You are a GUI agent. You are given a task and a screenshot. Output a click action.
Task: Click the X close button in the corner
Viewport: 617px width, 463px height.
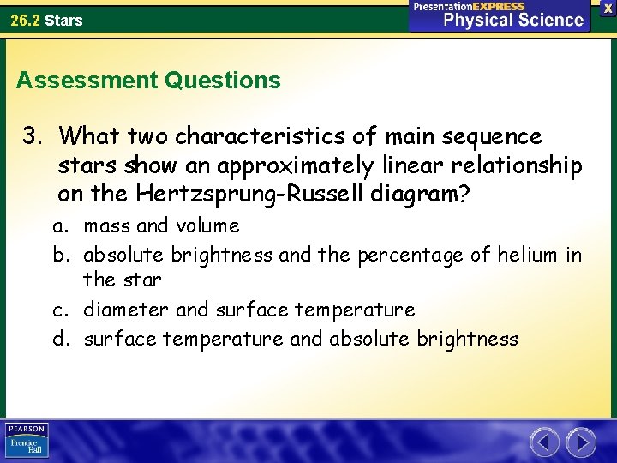coord(607,7)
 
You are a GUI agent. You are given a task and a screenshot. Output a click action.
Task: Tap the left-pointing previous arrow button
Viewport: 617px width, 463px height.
coord(545,442)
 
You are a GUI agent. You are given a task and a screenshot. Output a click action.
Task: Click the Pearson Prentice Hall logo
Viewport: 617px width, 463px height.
coord(27,441)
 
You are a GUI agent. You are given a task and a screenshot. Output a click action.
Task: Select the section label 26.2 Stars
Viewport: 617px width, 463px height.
coord(47,20)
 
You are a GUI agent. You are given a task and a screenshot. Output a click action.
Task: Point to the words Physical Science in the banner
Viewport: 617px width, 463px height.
coord(513,20)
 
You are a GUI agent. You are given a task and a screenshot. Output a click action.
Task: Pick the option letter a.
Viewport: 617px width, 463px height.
coord(60,226)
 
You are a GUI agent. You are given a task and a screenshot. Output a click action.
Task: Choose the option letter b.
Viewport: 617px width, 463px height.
coord(60,255)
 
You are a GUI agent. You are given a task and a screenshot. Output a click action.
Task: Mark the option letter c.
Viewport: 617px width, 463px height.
coord(60,310)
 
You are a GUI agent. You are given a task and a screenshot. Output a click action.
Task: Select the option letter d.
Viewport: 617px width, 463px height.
coord(60,339)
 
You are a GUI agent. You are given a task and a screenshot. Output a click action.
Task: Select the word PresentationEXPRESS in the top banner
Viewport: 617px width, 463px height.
coord(469,6)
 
